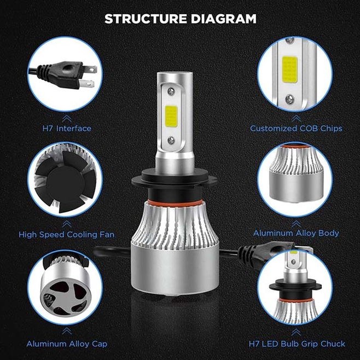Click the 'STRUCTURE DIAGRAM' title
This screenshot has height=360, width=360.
tap(180, 19)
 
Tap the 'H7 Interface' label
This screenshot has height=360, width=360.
tap(67, 129)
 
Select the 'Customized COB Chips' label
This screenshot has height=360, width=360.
tap(296, 129)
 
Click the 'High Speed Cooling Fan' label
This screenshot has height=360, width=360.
tap(67, 234)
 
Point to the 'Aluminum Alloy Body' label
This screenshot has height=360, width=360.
tap(296, 233)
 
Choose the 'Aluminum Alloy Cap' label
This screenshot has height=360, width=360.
tap(67, 344)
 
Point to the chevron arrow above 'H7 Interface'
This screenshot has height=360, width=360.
tap(67, 117)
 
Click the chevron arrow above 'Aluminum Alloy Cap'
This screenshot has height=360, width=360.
tap(67, 331)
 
